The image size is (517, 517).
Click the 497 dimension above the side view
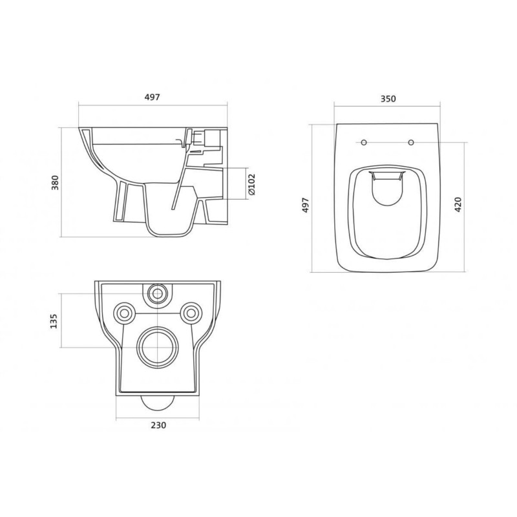[153, 98]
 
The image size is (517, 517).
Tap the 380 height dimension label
[55, 182]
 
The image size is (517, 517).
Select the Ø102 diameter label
[251, 185]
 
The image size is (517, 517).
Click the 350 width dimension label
[388, 99]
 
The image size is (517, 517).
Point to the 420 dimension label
[458, 204]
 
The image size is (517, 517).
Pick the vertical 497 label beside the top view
[305, 205]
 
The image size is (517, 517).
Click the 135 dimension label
[54, 321]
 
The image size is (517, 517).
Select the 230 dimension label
[158, 425]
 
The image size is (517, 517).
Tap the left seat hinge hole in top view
[364, 142]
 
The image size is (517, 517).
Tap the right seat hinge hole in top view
[411, 142]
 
